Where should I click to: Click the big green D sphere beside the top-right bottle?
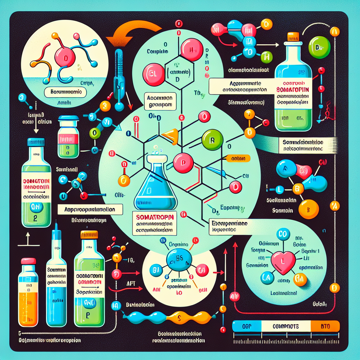(x=319, y=47)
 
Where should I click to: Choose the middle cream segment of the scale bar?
(x=285, y=326)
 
